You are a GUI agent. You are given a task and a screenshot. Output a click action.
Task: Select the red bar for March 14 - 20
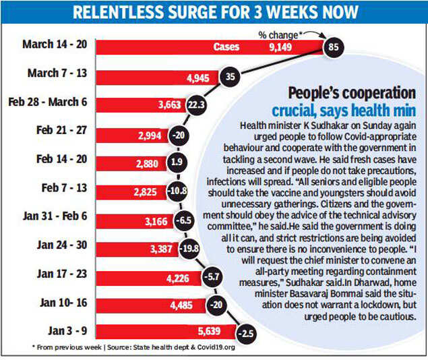coord(209,47)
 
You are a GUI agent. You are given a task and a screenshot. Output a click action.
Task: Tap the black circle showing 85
coord(332,47)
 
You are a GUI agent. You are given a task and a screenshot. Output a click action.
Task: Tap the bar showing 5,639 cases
coord(169,332)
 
